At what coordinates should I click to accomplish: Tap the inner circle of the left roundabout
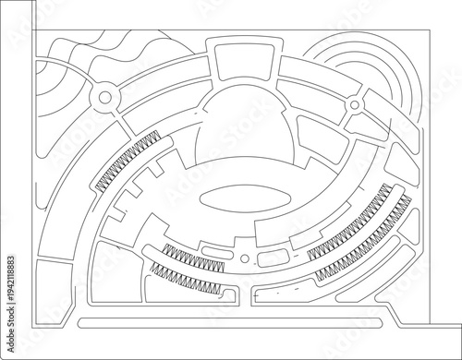[102, 96]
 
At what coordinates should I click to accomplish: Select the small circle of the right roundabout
[353, 108]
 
